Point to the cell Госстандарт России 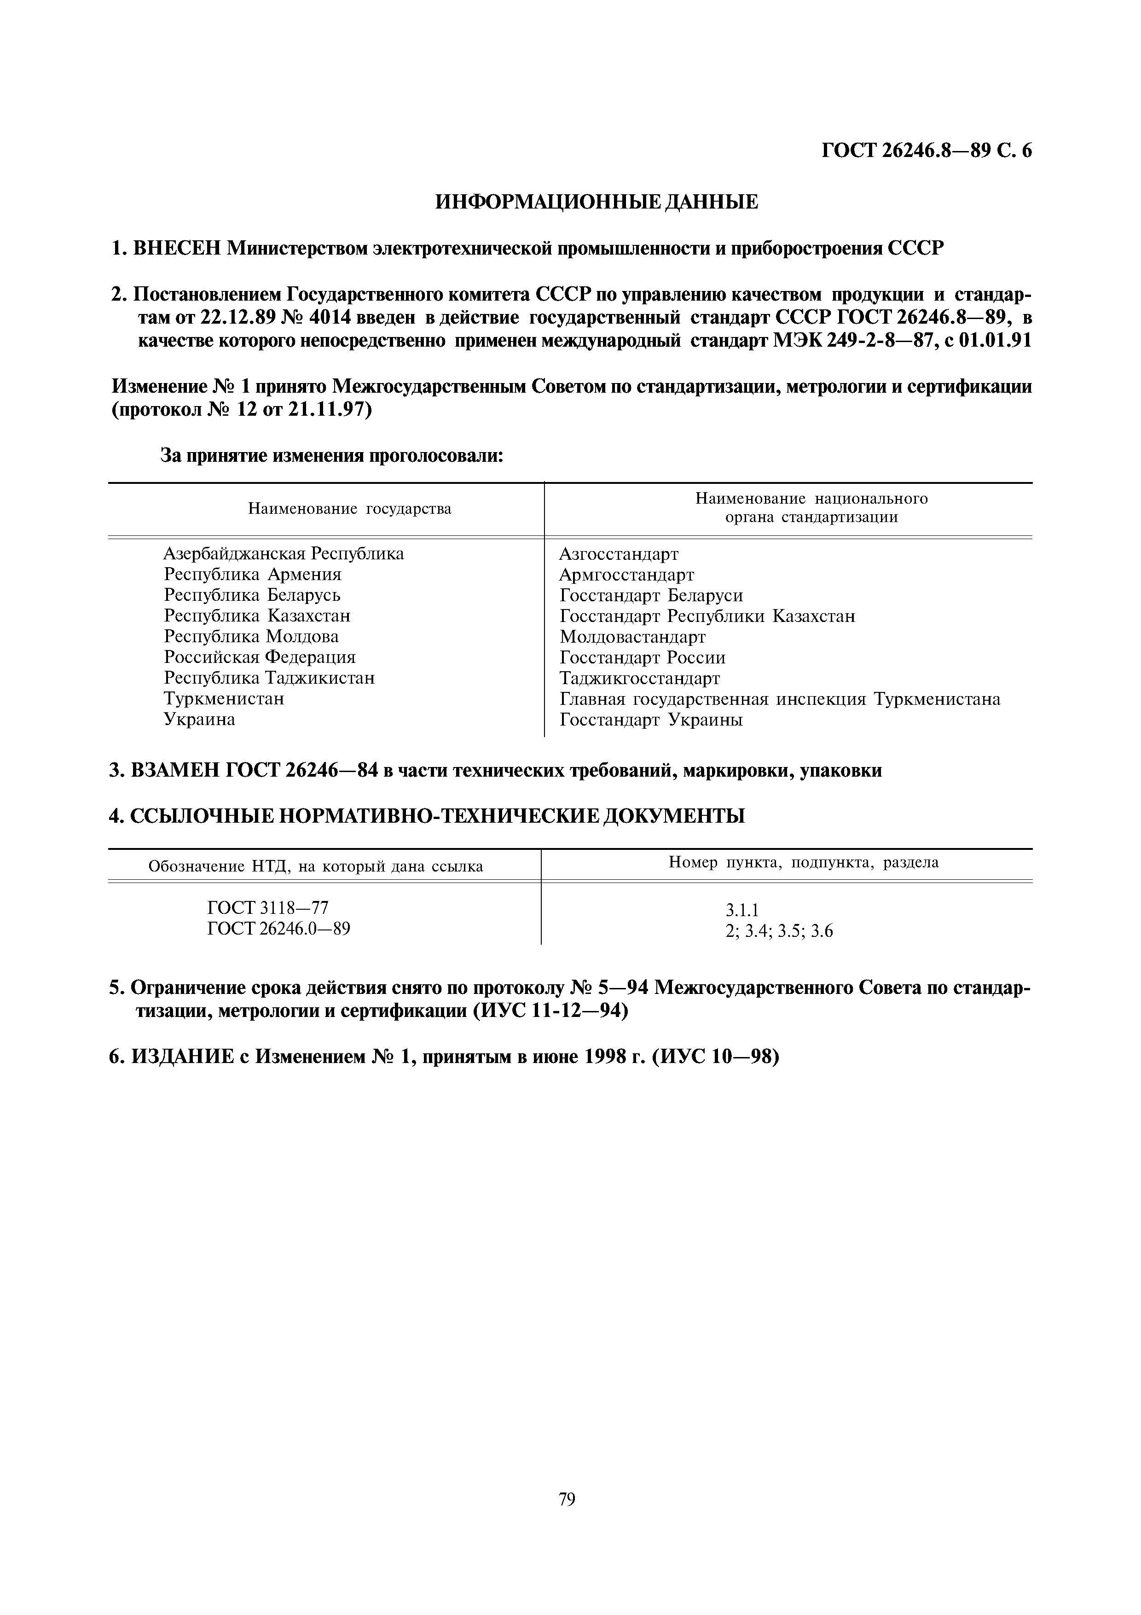642,658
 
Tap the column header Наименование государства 349,509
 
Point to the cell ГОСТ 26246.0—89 278,929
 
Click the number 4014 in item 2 331,318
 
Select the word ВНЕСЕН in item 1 177,248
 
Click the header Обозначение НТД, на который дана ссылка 316,866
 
